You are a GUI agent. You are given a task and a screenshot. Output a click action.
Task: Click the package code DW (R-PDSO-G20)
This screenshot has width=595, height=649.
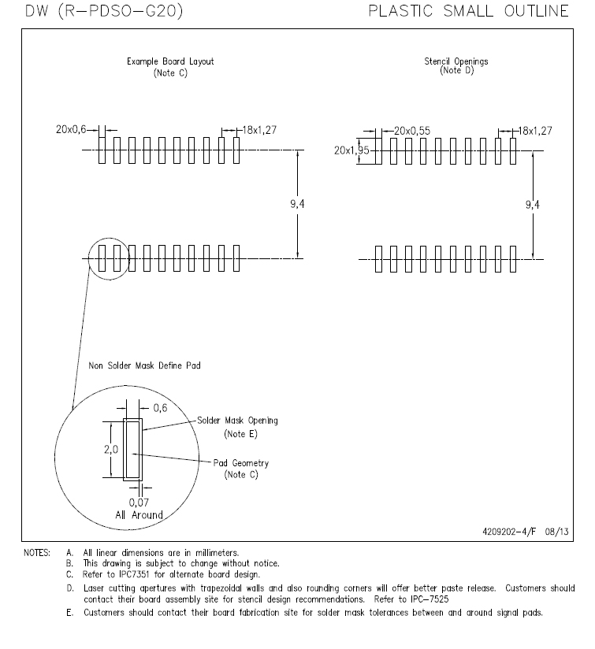pyautogui.click(x=94, y=11)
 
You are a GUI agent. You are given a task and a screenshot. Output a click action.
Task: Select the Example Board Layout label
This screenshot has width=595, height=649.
pyautogui.click(x=170, y=61)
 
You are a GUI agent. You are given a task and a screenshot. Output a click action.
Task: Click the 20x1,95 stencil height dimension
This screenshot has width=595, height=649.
pyautogui.click(x=344, y=150)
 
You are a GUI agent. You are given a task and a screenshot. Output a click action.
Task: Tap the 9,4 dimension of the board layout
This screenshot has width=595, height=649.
pyautogui.click(x=297, y=204)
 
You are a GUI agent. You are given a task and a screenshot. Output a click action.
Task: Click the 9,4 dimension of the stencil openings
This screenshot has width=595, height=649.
pyautogui.click(x=533, y=204)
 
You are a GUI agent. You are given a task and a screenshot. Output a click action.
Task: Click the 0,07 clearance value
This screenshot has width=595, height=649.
pyautogui.click(x=138, y=501)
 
